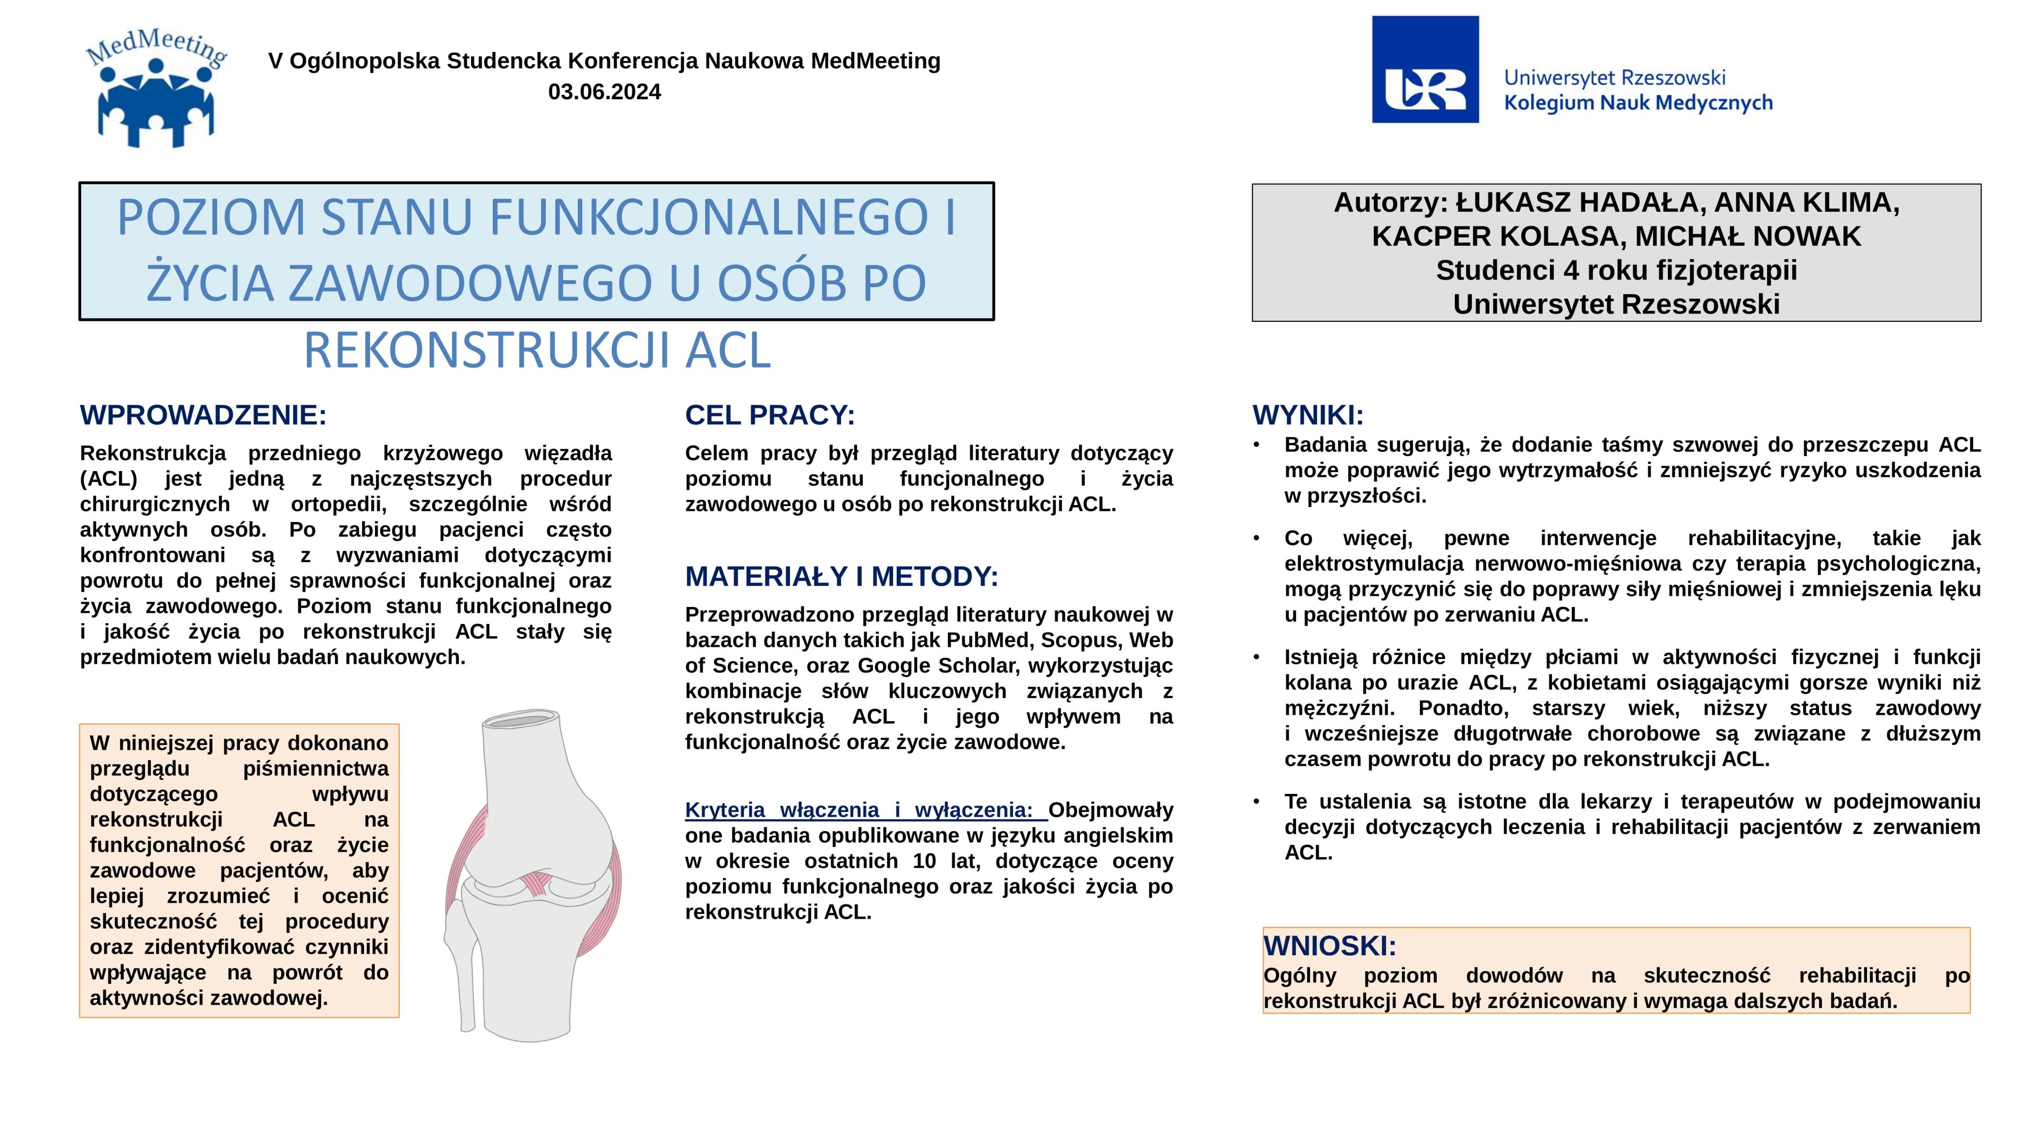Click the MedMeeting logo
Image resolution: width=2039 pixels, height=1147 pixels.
(156, 89)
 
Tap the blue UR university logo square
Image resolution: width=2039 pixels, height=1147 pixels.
(1425, 70)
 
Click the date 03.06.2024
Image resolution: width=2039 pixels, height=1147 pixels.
(604, 92)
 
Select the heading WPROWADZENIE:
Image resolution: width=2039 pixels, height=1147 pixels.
(203, 415)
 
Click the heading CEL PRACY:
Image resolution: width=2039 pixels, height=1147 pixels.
(769, 415)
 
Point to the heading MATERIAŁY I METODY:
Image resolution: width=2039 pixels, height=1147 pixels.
(842, 576)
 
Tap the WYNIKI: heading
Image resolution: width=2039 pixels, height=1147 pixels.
(1308, 415)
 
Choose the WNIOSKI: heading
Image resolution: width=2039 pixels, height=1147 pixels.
(1330, 946)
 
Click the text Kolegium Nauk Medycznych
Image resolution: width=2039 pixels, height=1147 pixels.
(1638, 103)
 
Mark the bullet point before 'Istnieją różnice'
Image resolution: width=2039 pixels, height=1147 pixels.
(1256, 657)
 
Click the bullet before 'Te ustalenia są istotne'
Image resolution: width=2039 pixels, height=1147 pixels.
(1256, 801)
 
